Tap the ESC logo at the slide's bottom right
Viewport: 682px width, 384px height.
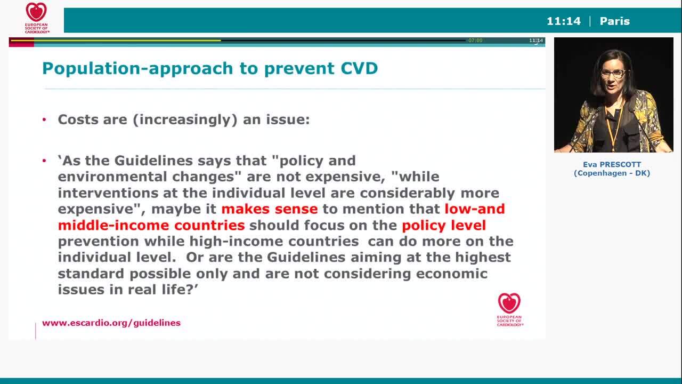[509, 309]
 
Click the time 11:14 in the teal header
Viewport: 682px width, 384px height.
[563, 21]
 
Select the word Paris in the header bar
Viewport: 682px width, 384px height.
[614, 21]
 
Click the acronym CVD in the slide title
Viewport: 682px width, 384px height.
[359, 68]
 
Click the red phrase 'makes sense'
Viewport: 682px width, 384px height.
[269, 209]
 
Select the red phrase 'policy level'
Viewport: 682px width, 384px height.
[443, 225]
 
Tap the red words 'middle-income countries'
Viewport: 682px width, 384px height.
[151, 225]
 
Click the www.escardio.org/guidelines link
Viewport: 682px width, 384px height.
[111, 323]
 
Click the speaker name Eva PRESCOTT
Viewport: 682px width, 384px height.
[612, 164]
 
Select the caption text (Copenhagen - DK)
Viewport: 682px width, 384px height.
[612, 173]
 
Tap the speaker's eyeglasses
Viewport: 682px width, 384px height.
[613, 74]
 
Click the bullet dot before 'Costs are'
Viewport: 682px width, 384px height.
[45, 119]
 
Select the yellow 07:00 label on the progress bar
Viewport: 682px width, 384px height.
[475, 41]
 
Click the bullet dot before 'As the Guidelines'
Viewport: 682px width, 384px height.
[45, 161]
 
